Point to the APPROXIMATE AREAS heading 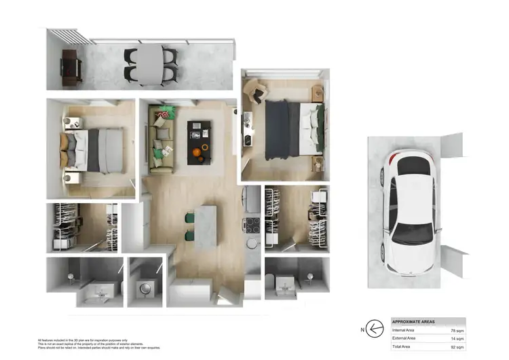point(414,321)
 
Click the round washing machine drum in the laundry point(145,289)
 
